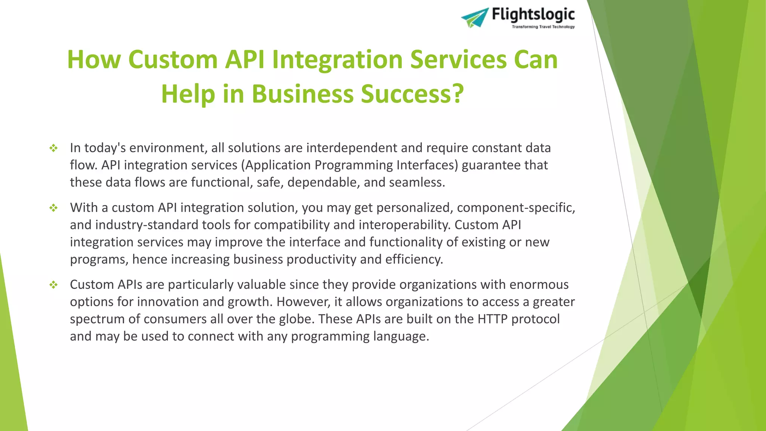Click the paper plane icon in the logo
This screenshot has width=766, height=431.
point(475,17)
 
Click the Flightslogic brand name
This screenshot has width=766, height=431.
point(533,15)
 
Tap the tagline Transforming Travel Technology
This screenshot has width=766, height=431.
point(543,27)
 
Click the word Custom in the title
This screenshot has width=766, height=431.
point(173,60)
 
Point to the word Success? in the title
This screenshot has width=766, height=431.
point(412,94)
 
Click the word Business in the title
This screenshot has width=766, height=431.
point(303,94)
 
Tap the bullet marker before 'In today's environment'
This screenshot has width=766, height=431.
point(53,148)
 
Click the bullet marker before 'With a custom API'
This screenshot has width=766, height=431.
point(53,208)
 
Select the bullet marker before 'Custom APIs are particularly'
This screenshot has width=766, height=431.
point(53,285)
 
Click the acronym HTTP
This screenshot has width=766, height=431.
point(492,319)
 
